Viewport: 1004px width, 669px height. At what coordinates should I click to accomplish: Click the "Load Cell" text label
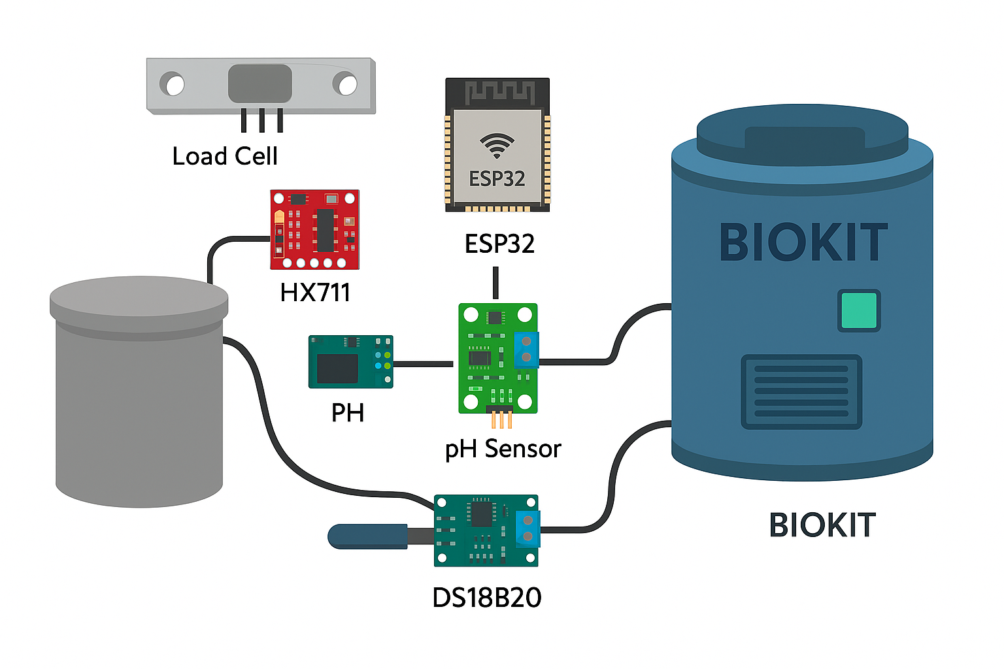coord(225,156)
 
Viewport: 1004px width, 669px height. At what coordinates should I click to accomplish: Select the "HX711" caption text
coord(315,292)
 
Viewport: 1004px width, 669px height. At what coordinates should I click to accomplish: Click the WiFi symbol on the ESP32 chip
coord(497,145)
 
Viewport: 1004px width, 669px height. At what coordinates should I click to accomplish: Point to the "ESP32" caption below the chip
coord(499,244)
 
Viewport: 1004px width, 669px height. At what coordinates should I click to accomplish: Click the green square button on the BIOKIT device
coord(858,310)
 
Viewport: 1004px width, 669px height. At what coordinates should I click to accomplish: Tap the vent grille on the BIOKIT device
coord(801,391)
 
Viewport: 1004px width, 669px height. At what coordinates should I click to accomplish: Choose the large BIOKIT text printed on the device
coord(803,242)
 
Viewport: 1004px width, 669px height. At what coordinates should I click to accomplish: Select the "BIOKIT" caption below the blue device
coord(822,525)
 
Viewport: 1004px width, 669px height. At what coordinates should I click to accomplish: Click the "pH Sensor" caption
coord(503,449)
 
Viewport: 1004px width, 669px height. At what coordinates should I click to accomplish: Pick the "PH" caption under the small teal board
coord(347,413)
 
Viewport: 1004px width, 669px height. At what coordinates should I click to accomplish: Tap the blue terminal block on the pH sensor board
coord(526,350)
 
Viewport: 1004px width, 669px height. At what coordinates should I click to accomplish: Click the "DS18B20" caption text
coord(487,598)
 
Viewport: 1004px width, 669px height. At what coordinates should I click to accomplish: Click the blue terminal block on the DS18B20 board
coord(527,528)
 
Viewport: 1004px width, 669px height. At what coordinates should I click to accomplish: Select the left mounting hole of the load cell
coord(175,84)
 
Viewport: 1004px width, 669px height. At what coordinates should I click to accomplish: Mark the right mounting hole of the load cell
coord(346,84)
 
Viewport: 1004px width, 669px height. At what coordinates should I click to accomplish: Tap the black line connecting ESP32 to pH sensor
coord(495,282)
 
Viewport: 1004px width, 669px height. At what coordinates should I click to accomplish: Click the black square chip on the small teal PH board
coord(337,368)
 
